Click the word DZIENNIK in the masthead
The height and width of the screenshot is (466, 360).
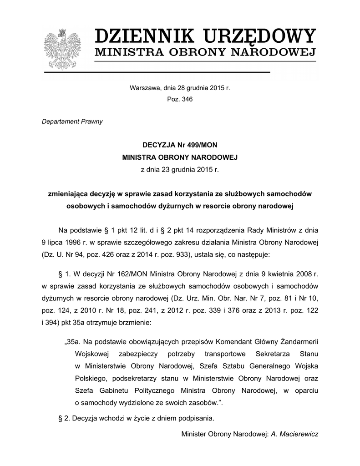point(141,35)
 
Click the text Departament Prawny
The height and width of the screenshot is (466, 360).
point(72,122)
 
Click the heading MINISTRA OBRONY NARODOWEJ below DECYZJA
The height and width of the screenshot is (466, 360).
point(180,157)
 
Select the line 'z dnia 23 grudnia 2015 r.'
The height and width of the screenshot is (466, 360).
point(180,170)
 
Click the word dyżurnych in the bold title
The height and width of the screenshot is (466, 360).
point(174,206)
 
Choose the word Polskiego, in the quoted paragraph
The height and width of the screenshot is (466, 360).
point(92,378)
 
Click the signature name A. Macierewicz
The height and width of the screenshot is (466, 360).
point(294,434)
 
